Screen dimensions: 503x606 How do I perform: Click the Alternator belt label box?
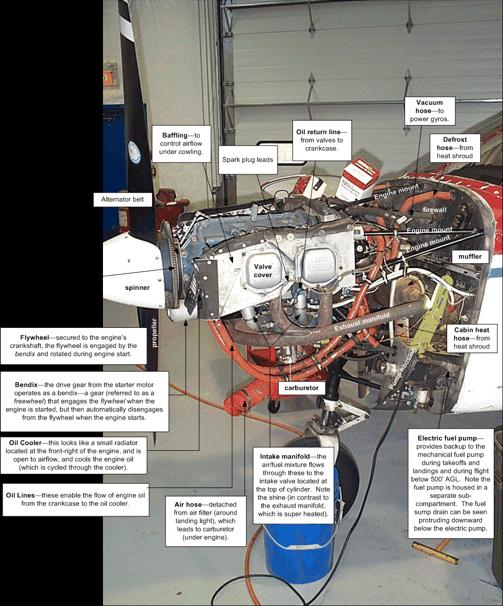pos(122,199)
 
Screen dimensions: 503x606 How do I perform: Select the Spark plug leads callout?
pos(247,160)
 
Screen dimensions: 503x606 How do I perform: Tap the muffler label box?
pos(470,257)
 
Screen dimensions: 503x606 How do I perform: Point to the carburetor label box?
pos(301,388)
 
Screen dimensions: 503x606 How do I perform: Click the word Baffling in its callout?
pos(175,135)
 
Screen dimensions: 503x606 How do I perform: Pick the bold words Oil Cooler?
pos(26,443)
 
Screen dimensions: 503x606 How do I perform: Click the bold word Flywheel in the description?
pos(34,338)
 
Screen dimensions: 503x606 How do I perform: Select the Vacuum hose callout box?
pos(430,111)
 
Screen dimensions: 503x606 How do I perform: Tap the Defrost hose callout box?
pos(455,148)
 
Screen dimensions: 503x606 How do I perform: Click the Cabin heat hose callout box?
pos(471,338)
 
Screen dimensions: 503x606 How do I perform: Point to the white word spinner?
pos(137,287)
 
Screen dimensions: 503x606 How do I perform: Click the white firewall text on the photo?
pos(434,210)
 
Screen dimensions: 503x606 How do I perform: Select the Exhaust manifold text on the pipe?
pos(362,322)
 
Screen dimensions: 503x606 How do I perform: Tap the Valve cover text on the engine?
pos(263,271)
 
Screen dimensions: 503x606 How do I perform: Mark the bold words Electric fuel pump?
pos(447,438)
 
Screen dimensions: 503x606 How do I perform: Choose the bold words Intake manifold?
pos(285,456)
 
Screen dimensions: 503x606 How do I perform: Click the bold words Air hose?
pos(188,505)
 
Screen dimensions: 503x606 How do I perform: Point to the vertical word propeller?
pos(155,333)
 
